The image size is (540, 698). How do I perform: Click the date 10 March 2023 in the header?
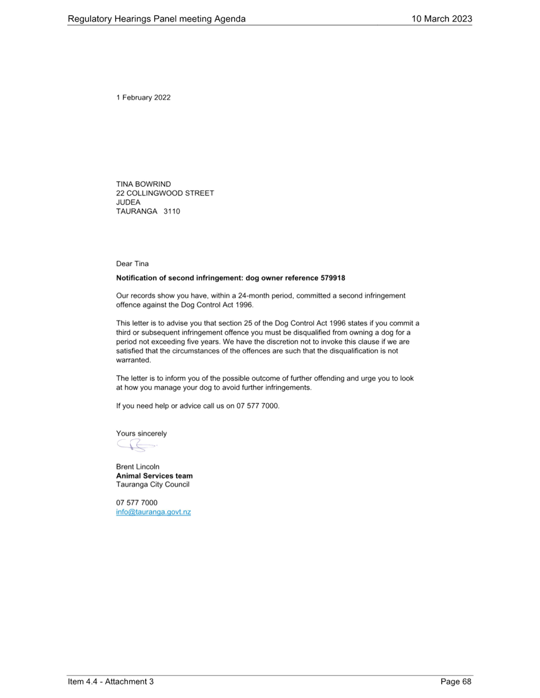point(442,18)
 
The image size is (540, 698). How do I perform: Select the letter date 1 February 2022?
point(144,97)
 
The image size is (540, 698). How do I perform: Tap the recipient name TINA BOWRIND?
point(144,184)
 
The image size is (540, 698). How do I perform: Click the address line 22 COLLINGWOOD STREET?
point(165,193)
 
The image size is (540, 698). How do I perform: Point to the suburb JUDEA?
point(128,202)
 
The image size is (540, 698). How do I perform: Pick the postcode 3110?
point(171,211)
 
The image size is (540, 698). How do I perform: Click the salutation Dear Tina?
point(132,263)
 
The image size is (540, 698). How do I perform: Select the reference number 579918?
point(333,278)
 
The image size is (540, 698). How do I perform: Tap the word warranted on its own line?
point(133,360)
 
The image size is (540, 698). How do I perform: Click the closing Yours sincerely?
point(141,434)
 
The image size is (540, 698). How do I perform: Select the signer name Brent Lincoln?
point(137,466)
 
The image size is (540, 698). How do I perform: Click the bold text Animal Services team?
point(154,476)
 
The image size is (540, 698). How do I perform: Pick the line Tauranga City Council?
point(152,484)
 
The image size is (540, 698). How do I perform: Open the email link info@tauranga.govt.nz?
point(154,512)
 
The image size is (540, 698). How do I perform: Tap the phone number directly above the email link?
point(137,502)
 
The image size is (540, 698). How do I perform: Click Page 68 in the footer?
point(456,681)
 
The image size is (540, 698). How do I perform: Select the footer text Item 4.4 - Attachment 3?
point(111,681)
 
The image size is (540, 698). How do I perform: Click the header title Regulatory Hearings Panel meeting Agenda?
point(156,19)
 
